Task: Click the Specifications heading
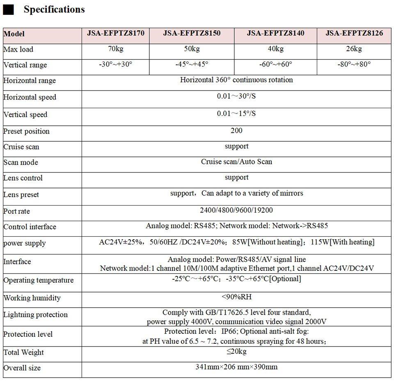54,9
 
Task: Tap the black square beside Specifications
8,10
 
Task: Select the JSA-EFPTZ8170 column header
116,33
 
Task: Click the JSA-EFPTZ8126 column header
354,33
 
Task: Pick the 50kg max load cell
192,49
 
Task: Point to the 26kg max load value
354,49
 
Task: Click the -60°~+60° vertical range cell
275,64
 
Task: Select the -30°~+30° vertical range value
116,64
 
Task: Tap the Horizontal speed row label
30,97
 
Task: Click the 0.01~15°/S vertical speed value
236,113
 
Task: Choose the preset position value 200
236,131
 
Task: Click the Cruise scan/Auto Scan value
236,162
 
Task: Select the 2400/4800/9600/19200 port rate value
236,210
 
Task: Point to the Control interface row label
30,227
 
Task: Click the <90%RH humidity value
236,297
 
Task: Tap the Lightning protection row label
35,315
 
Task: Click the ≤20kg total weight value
236,351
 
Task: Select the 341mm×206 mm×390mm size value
236,367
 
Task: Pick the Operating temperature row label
39,281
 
